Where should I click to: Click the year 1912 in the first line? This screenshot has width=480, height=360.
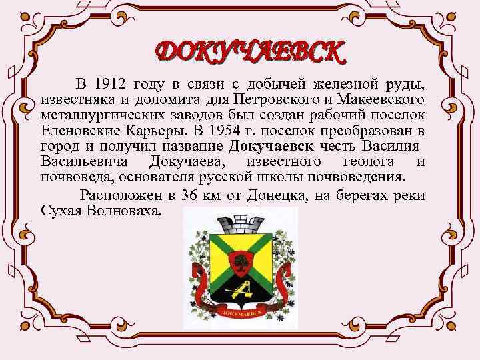pos(110,84)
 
